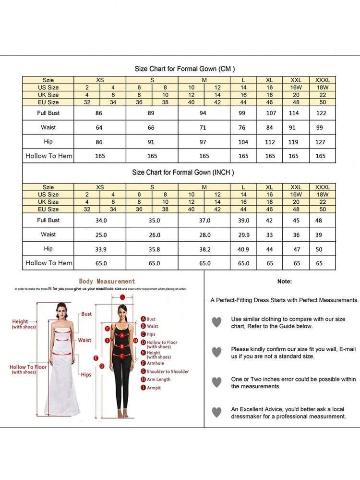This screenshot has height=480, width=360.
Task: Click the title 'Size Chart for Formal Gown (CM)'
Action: click(x=184, y=69)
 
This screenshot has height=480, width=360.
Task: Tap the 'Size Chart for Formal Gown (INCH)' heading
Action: click(x=183, y=172)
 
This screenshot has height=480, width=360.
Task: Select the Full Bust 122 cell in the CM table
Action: click(x=321, y=113)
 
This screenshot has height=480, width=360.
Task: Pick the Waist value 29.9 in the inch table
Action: click(x=243, y=235)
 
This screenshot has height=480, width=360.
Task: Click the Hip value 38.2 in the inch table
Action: click(x=204, y=249)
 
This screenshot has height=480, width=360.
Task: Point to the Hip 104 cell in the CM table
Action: click(x=243, y=142)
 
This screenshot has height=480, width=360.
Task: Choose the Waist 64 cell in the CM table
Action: click(x=100, y=128)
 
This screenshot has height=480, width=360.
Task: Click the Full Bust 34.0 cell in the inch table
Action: click(x=100, y=221)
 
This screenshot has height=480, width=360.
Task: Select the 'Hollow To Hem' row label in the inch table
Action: click(x=48, y=263)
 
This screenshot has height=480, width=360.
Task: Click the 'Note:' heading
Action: click(x=284, y=282)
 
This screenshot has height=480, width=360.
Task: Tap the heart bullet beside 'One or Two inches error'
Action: click(x=217, y=382)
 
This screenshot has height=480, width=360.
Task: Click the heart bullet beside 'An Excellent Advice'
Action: click(x=217, y=412)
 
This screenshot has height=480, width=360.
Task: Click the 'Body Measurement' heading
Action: click(x=107, y=281)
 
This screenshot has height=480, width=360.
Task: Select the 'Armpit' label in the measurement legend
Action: click(x=154, y=388)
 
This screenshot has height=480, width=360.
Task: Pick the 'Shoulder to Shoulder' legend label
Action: click(x=168, y=371)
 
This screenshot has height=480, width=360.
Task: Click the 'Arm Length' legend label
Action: click(x=158, y=380)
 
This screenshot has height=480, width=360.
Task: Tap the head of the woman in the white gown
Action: click(x=61, y=308)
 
